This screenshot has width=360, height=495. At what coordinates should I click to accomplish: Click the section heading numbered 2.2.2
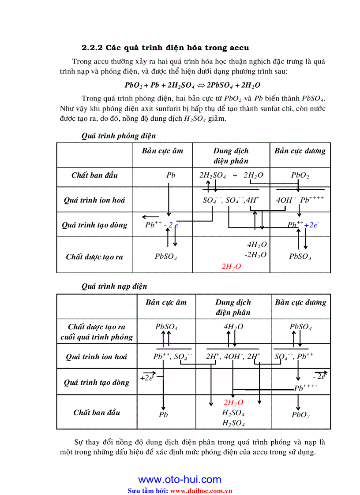[x=165, y=48]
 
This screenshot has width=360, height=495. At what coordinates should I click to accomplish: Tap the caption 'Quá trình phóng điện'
[x=119, y=136]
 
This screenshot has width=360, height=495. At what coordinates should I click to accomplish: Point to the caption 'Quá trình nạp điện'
[x=114, y=286]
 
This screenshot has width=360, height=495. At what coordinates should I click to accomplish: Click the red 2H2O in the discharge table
[x=231, y=266]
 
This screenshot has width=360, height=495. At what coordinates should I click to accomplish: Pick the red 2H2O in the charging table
[x=233, y=402]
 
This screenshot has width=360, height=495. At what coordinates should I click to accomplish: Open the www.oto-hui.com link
[x=180, y=480]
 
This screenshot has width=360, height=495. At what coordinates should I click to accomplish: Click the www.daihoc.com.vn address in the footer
[x=201, y=490]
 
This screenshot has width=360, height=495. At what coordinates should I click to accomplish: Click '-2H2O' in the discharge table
[x=256, y=255]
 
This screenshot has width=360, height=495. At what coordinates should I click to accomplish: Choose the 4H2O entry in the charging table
[x=233, y=327]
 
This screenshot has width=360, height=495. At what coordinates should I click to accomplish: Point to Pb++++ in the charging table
[x=306, y=388]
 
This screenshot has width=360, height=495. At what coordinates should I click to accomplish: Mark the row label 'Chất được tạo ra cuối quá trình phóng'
[x=97, y=332]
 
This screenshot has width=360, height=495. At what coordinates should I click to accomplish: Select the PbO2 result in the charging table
[x=300, y=415]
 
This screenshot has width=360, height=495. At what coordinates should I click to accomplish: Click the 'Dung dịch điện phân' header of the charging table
[x=233, y=307]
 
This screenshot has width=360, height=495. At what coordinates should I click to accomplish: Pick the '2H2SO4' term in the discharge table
[x=213, y=175]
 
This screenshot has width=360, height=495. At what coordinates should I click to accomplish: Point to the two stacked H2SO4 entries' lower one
[x=233, y=423]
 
